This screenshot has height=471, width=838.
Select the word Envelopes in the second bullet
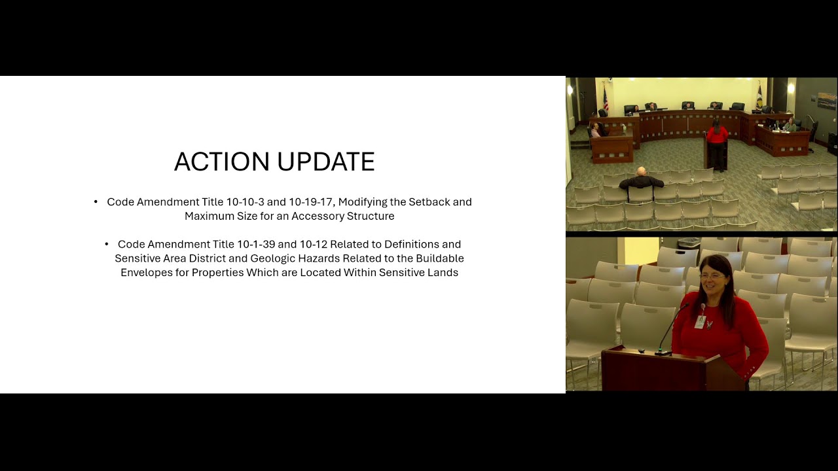click(154, 272)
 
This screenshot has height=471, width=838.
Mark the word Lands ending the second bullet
click(443, 272)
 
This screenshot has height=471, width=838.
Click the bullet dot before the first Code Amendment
click(96, 201)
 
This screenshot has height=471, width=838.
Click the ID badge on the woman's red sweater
click(701, 321)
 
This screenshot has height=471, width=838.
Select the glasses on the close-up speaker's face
click(712, 276)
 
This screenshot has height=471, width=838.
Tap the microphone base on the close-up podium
click(664, 353)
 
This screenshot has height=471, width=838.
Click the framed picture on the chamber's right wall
click(826, 101)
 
